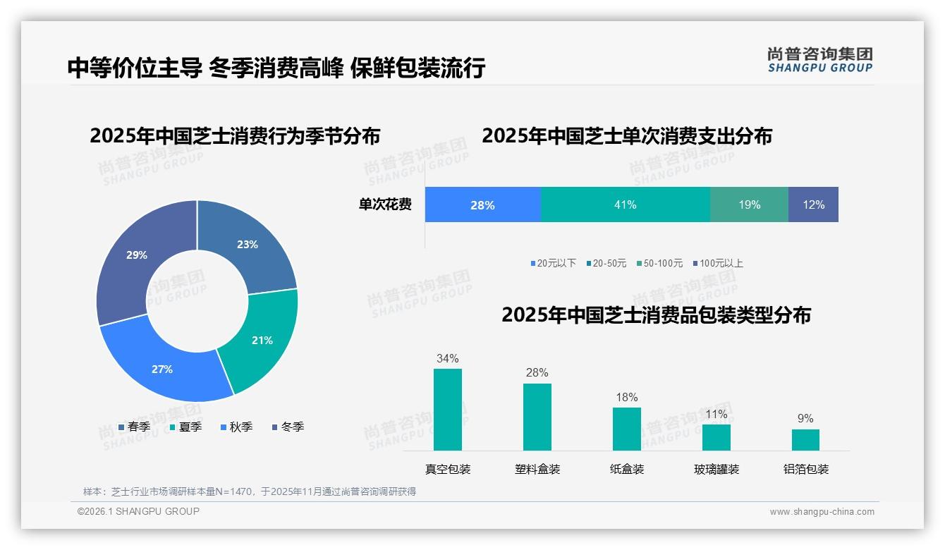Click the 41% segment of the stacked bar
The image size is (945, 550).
point(625,204)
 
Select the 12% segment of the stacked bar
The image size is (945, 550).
point(813,204)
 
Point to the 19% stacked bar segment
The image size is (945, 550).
point(749,204)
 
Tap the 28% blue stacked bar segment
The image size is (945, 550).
point(483,204)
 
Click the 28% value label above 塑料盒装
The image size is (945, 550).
point(537,373)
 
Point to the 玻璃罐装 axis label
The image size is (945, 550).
point(717,469)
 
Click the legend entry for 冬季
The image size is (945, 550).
point(288,427)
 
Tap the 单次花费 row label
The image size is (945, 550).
point(385,204)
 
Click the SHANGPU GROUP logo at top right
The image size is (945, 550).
point(819,59)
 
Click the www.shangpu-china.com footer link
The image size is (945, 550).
point(822,511)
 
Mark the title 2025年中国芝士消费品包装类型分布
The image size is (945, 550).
point(656,314)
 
